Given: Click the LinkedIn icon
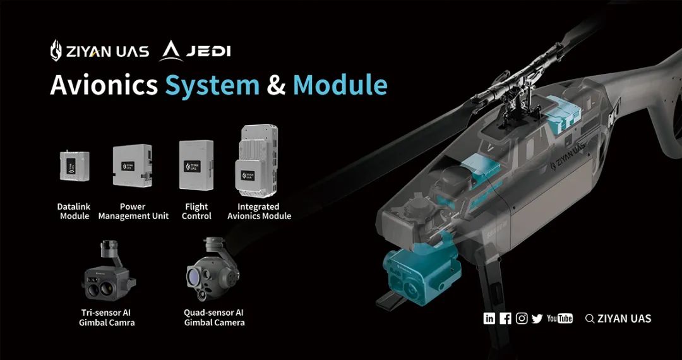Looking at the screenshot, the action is (x=489, y=319).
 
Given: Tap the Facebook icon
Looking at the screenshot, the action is (x=505, y=319).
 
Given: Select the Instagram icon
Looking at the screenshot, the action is (x=522, y=319).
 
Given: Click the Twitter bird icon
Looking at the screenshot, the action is (x=537, y=319).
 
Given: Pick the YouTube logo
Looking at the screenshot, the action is (x=559, y=319).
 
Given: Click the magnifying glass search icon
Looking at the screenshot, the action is (x=590, y=319).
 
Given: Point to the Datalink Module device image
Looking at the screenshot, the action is (x=75, y=165).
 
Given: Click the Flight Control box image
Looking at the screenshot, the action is (x=196, y=165).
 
